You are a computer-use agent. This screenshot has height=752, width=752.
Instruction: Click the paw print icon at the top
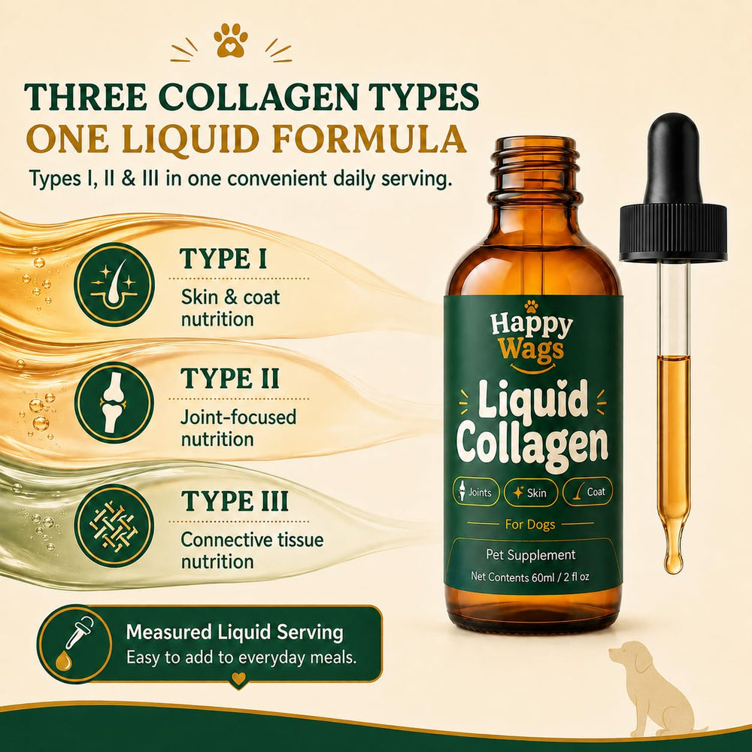click(x=231, y=41)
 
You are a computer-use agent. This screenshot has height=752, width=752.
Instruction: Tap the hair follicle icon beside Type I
click(x=114, y=285)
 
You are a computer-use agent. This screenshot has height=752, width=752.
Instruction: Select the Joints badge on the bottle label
click(x=476, y=492)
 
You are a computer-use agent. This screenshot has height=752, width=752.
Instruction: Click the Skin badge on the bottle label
click(x=530, y=492)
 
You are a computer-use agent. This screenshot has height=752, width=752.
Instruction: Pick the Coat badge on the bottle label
click(x=587, y=492)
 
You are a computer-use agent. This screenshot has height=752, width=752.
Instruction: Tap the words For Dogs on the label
click(x=530, y=524)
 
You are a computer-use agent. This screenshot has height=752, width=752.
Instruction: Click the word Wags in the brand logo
click(x=531, y=349)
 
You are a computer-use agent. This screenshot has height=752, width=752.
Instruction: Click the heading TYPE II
click(x=229, y=378)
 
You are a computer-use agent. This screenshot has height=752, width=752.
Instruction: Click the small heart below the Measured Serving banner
click(x=238, y=678)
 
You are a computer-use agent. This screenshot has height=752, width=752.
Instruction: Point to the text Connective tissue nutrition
click(x=252, y=550)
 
